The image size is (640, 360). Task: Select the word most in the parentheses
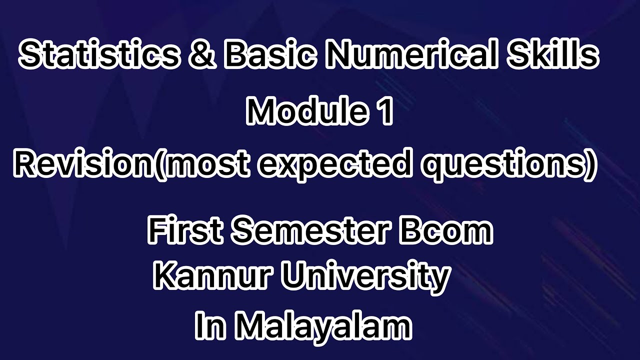[x=206, y=165]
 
